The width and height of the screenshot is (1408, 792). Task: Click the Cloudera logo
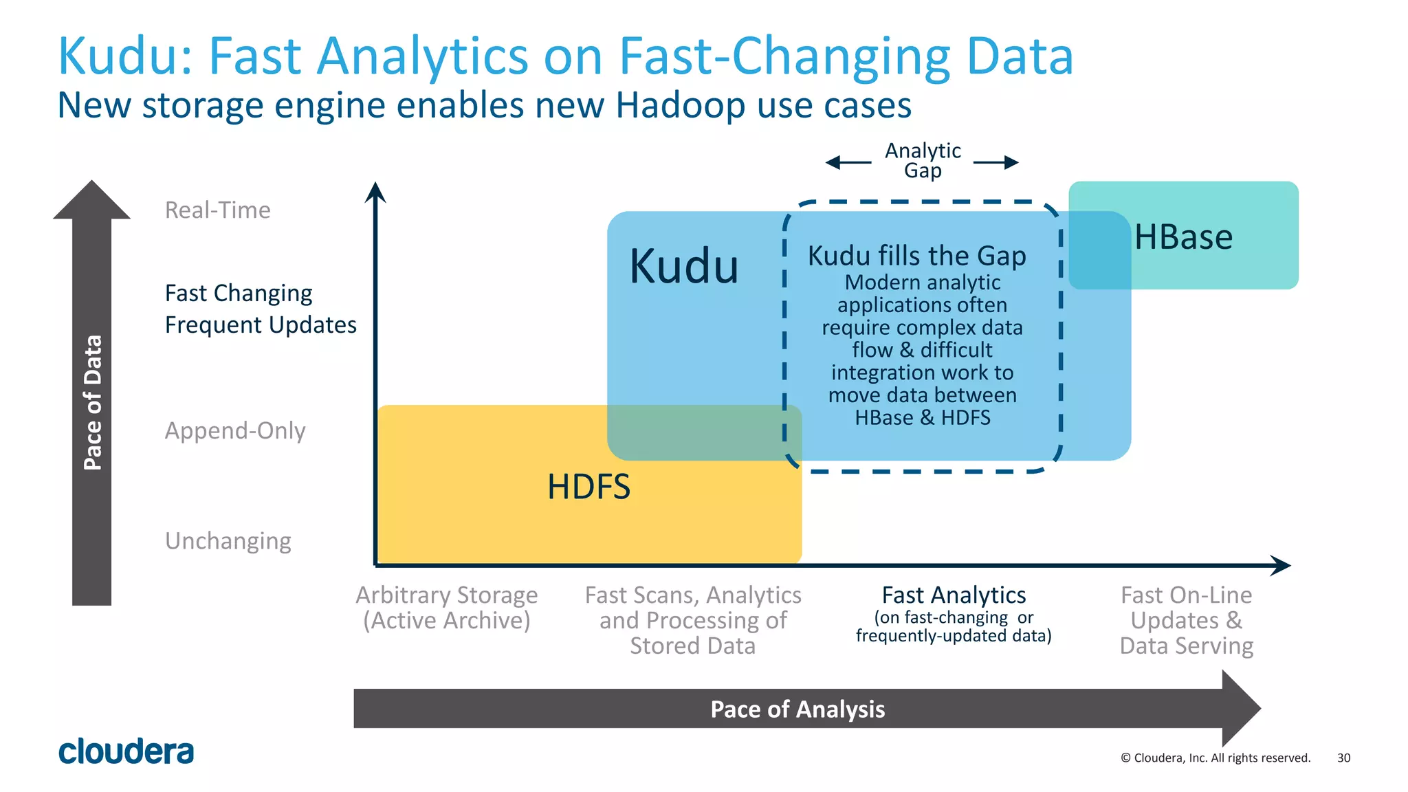[x=126, y=751]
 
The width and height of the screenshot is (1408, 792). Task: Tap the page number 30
[x=1343, y=758]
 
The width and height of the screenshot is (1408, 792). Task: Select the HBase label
[x=1183, y=237]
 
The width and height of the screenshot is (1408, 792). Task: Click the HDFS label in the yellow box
[x=588, y=487]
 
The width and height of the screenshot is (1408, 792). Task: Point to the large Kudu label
[x=684, y=266]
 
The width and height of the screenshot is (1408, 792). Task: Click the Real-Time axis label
[x=218, y=210]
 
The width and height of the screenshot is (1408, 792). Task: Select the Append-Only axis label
[x=235, y=430]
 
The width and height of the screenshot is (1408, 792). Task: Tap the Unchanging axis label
[x=228, y=541]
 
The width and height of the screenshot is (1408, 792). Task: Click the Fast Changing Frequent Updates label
[x=261, y=309]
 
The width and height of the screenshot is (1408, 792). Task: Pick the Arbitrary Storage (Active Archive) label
[x=447, y=607]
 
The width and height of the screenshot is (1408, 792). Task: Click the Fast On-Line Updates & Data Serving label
[x=1187, y=620]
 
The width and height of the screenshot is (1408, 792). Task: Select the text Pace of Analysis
[x=797, y=709]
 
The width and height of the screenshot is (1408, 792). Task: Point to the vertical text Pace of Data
[x=93, y=402]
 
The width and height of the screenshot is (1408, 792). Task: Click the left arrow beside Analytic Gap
[x=848, y=163]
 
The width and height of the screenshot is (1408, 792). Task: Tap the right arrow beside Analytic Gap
[x=996, y=163]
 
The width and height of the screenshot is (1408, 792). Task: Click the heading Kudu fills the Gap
[x=916, y=256]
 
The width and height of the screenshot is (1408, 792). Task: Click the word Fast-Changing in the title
[x=784, y=56]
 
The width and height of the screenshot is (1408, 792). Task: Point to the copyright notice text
[x=1215, y=758]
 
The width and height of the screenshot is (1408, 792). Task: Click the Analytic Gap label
[x=923, y=160]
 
